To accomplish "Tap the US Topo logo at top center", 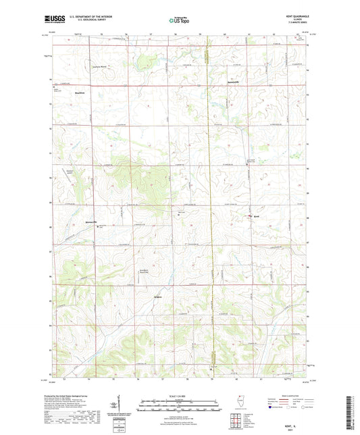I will pyautogui.click(x=178, y=21).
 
